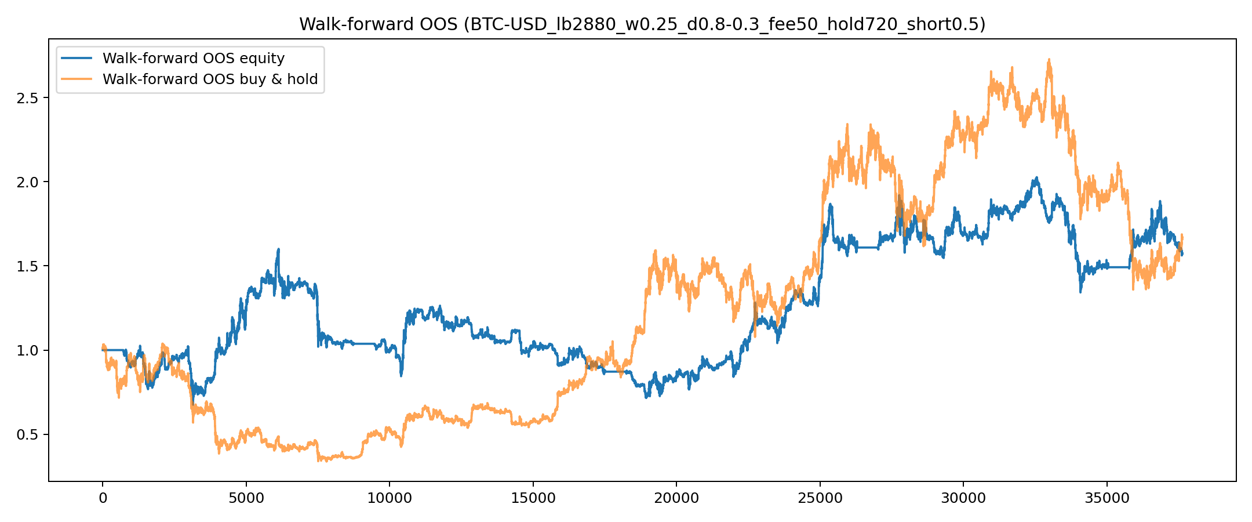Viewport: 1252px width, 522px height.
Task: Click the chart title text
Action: [x=642, y=24]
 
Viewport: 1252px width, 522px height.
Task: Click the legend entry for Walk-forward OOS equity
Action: [x=194, y=59]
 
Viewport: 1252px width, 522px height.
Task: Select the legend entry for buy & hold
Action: [x=210, y=79]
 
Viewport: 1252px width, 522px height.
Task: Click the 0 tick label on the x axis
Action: [x=103, y=498]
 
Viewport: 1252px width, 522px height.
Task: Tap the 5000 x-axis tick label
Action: [x=246, y=498]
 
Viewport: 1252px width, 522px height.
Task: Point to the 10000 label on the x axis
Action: [x=389, y=498]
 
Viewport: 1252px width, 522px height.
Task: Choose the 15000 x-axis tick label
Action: [x=533, y=498]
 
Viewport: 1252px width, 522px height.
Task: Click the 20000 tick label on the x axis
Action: [x=676, y=498]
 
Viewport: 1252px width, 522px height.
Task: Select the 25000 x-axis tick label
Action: [x=820, y=498]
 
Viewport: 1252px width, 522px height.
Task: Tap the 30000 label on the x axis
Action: [x=963, y=498]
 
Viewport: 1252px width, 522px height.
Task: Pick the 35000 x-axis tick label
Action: [x=1107, y=498]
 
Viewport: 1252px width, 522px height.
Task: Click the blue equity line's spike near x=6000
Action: [x=279, y=250]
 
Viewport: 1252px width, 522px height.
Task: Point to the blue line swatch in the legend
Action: [x=77, y=59]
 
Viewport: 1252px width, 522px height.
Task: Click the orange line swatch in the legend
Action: [x=77, y=79]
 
